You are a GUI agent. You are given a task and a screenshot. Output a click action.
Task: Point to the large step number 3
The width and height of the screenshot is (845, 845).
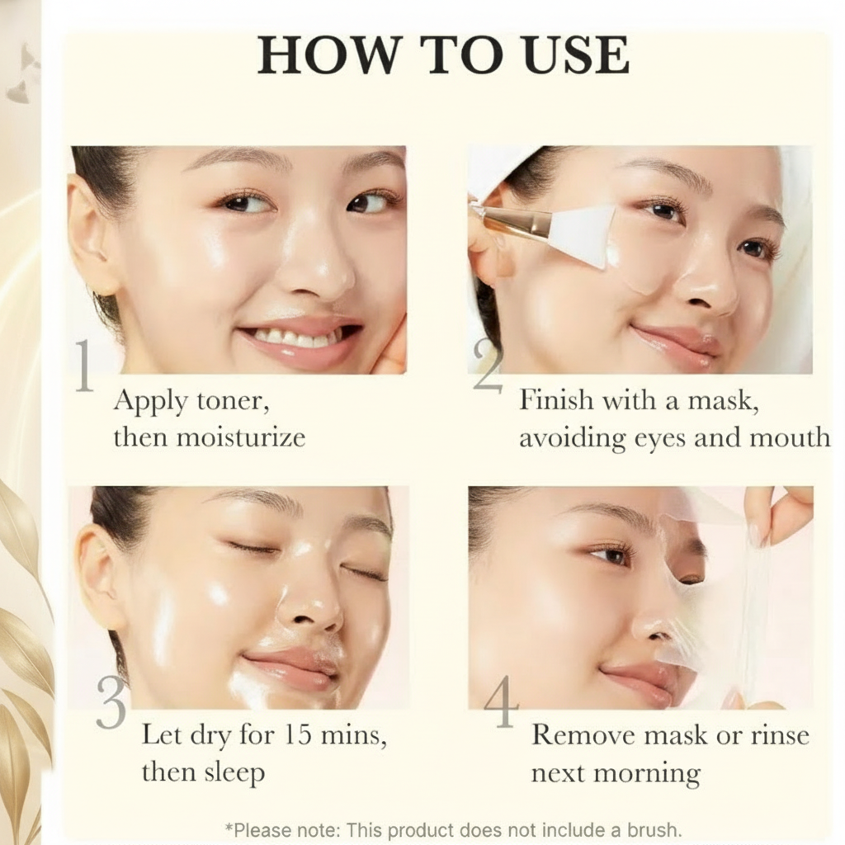coord(111,701)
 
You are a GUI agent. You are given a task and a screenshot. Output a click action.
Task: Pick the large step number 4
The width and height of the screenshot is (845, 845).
coord(501,701)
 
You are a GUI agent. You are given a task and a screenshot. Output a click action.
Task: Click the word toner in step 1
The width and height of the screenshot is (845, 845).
coord(233,402)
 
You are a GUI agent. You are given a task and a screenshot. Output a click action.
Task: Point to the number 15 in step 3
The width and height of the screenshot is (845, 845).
coord(297,734)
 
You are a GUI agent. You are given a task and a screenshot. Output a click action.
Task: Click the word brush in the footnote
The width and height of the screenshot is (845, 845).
coord(651,828)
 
